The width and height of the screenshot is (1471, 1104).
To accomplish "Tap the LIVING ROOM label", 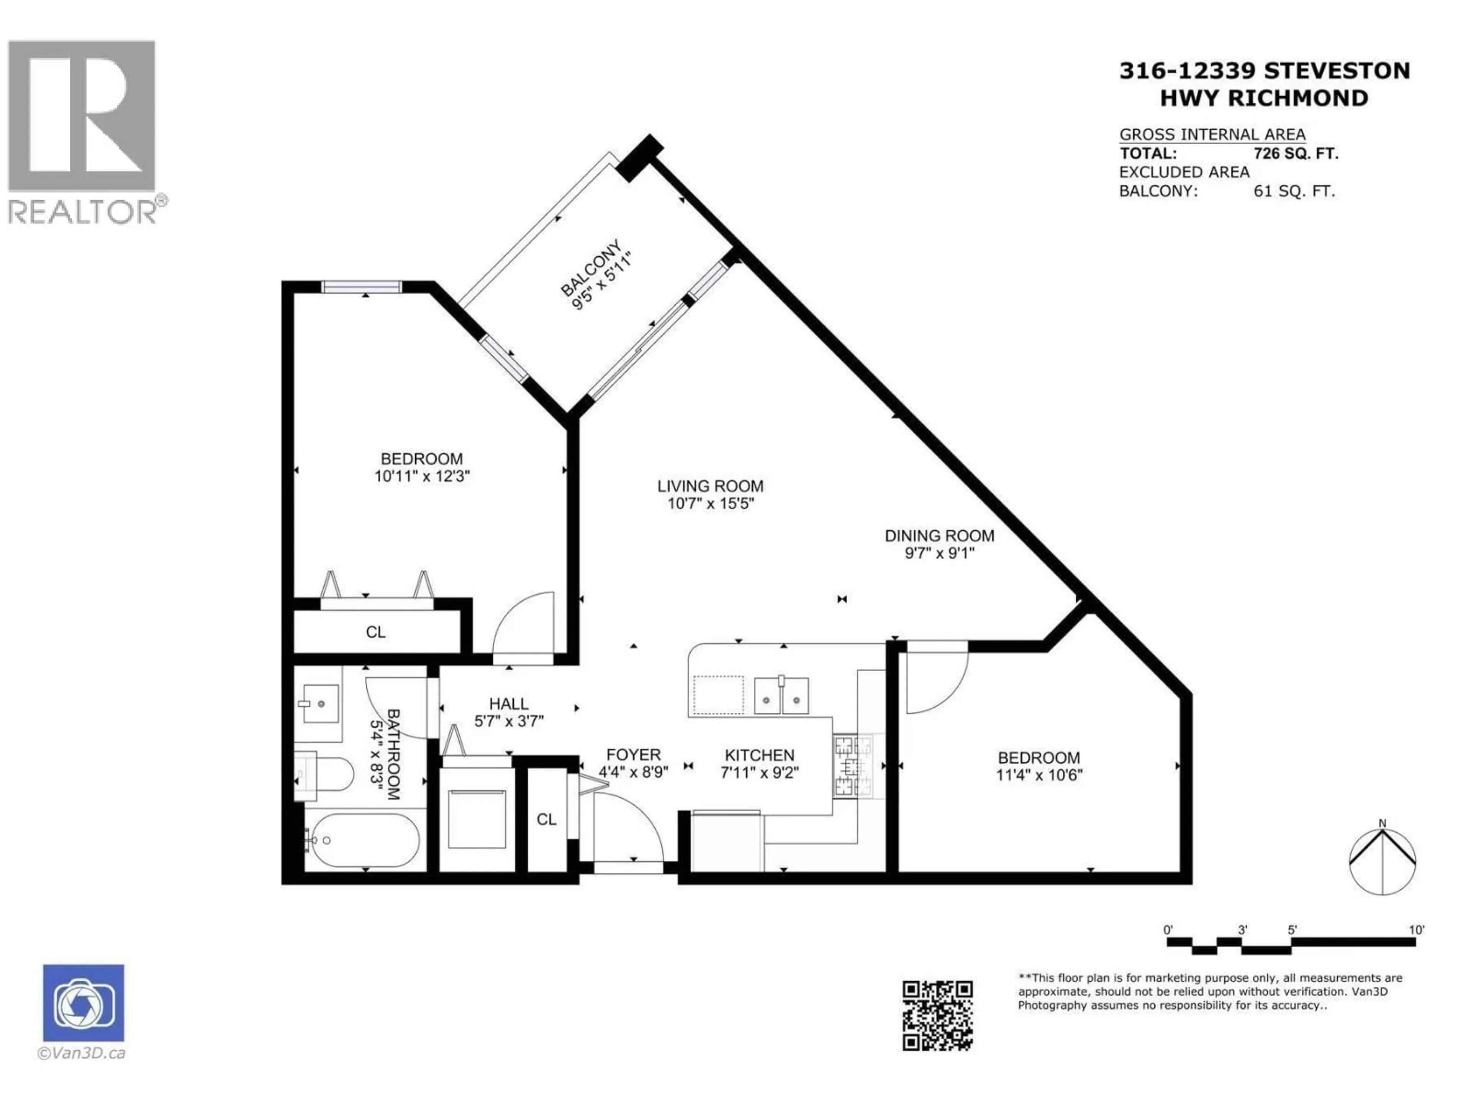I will pos(710,486).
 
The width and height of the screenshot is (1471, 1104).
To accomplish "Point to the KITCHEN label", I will pos(759,755).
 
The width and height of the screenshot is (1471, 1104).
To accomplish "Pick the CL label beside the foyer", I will pos(547,819).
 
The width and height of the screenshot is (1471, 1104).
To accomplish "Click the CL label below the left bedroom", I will pos(376,631).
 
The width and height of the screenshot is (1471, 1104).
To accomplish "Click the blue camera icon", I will pos(83,1003).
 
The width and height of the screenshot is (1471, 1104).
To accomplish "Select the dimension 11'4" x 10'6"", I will pos(1039,775).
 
